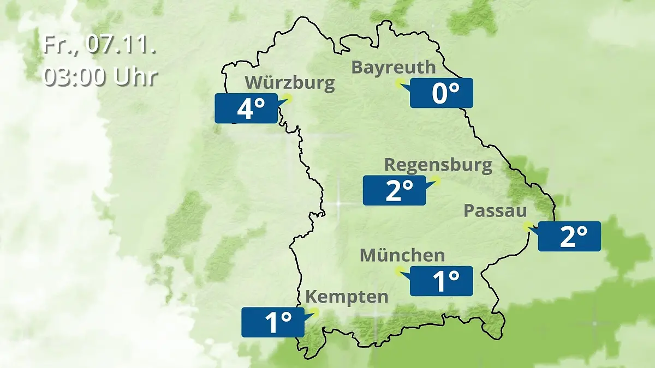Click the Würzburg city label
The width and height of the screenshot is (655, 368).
pos(289,83)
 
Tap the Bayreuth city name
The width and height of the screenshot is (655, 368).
pos(394,67)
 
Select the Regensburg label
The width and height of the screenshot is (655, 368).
pos(438,165)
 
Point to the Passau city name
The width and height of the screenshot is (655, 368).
pos(495,211)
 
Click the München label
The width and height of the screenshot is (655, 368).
pos(402,255)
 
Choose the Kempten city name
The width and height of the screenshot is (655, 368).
pos(347,297)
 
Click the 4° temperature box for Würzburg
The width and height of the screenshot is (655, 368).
pos(246,108)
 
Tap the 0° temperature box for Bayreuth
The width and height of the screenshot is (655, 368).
pos(442,93)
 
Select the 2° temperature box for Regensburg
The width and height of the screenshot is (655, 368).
pos(394,191)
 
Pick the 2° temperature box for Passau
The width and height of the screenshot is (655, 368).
pos(569,237)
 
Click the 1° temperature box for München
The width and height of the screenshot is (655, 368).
pos(441,281)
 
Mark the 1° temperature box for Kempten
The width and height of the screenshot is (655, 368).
pos(273,322)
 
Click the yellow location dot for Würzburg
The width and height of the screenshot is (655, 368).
pos(288,98)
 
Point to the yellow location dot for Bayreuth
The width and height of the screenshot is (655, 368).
pos(400,83)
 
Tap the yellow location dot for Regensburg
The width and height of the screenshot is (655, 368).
pos(436,180)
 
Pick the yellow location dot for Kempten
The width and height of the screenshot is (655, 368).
pos(314,312)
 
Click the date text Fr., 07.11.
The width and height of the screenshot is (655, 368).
pos(100,45)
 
